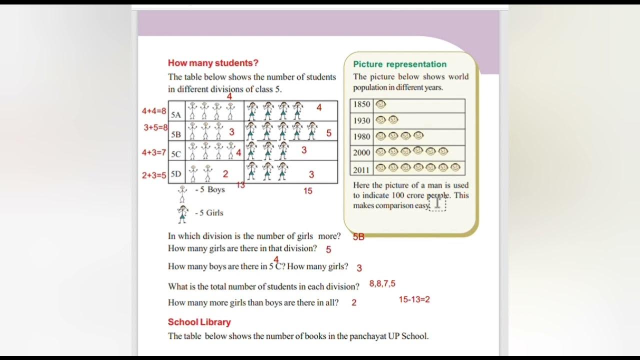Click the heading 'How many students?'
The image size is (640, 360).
coord(213,63)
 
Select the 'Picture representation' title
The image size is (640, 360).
coord(399,64)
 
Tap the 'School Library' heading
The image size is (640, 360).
coord(199,322)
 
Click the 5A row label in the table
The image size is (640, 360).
coord(176,114)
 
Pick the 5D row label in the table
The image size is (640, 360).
coord(176,174)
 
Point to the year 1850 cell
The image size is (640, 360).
coord(361,104)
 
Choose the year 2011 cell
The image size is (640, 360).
coord(361,170)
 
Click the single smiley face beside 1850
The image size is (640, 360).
coord(381,104)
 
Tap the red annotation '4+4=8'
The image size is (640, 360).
coord(154,111)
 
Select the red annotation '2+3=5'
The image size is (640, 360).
coord(154,175)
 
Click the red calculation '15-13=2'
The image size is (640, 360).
coord(414,299)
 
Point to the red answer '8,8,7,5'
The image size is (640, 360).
coord(382,283)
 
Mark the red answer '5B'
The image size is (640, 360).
coord(358,237)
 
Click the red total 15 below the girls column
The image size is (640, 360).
coord(307,190)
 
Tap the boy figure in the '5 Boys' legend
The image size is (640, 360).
coord(182,193)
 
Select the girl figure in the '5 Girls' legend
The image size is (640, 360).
coord(182,213)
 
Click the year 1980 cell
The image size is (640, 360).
coord(361,136)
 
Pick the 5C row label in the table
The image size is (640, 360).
coord(176,154)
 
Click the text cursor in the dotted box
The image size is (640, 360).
coord(437,202)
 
